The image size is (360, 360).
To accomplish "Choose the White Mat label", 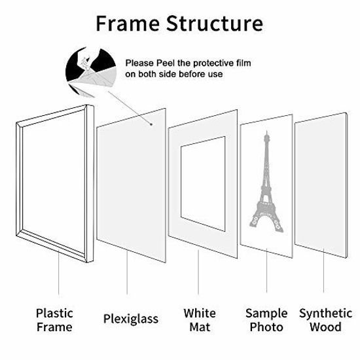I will (199, 319).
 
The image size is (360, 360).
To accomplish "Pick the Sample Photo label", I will (266, 319).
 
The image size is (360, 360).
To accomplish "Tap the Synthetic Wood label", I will (325, 319).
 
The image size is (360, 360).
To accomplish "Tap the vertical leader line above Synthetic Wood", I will (325, 275).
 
